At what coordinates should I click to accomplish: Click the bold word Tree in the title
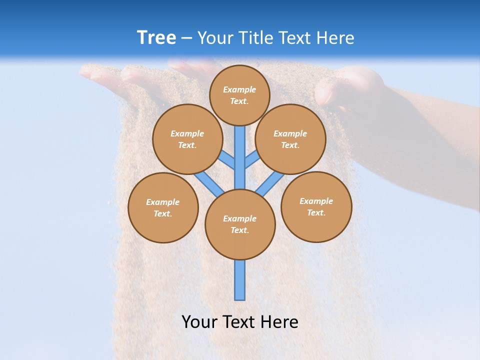pos(156,38)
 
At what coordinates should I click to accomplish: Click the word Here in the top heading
pos(335,38)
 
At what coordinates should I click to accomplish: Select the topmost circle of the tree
pos(239,95)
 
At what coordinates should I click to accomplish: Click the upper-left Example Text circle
pos(187,139)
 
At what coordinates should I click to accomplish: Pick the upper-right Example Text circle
pos(290,139)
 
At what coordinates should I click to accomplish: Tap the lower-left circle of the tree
pos(163,207)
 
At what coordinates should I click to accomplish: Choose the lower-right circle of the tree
pos(316,206)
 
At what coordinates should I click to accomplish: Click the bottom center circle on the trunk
pos(240,224)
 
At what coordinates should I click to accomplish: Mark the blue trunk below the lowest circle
pos(240,280)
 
